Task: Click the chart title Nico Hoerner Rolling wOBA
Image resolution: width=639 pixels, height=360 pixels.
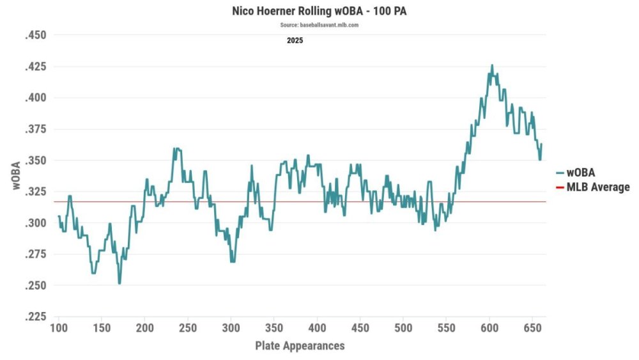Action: (319, 11)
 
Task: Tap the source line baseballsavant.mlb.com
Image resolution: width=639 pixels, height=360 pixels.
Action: (319, 25)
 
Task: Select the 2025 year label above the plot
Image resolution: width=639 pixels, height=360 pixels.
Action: (295, 40)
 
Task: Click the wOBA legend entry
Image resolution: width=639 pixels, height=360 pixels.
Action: (581, 173)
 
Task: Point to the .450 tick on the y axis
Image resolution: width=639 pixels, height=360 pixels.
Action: (36, 35)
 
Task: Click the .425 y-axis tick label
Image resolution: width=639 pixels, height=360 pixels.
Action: (36, 67)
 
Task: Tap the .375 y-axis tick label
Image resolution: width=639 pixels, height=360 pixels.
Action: (36, 129)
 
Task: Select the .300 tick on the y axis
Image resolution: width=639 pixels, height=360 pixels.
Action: (36, 223)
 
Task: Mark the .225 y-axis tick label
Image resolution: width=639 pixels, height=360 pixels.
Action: (36, 317)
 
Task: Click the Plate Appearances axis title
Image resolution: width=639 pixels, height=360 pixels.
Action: (300, 346)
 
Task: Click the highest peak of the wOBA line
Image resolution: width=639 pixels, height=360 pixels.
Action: (491, 65)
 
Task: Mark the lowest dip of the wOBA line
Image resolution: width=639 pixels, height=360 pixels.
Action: (119, 283)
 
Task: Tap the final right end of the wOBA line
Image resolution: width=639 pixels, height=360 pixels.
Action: (541, 145)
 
